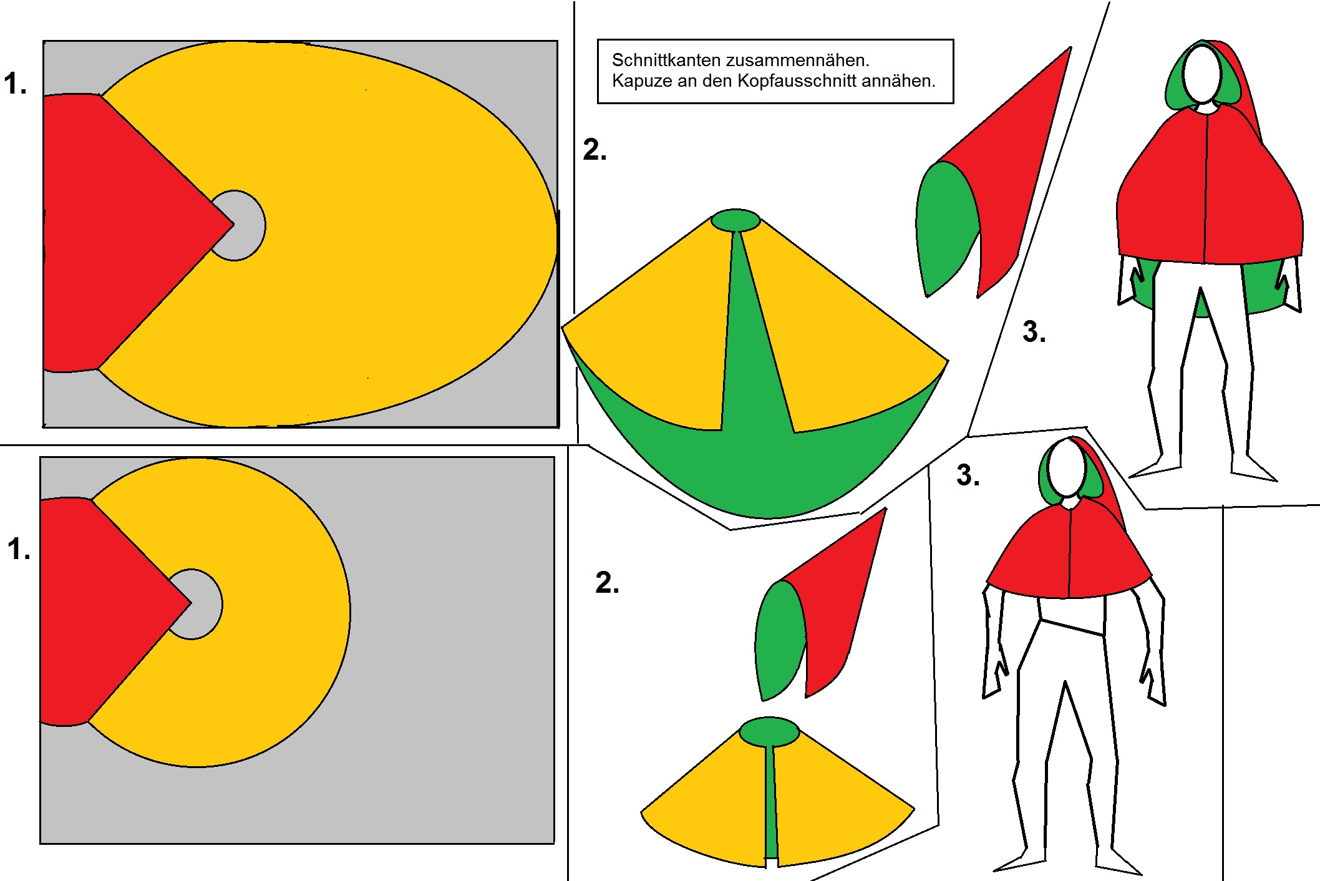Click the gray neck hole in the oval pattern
(x=245, y=225)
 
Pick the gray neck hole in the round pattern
(x=201, y=604)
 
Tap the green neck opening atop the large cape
(x=735, y=220)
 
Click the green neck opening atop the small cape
(x=769, y=732)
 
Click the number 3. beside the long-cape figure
(x=1034, y=332)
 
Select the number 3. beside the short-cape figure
(x=968, y=475)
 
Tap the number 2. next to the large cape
(x=594, y=150)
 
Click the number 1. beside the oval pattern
(x=16, y=84)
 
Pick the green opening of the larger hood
(x=945, y=225)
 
